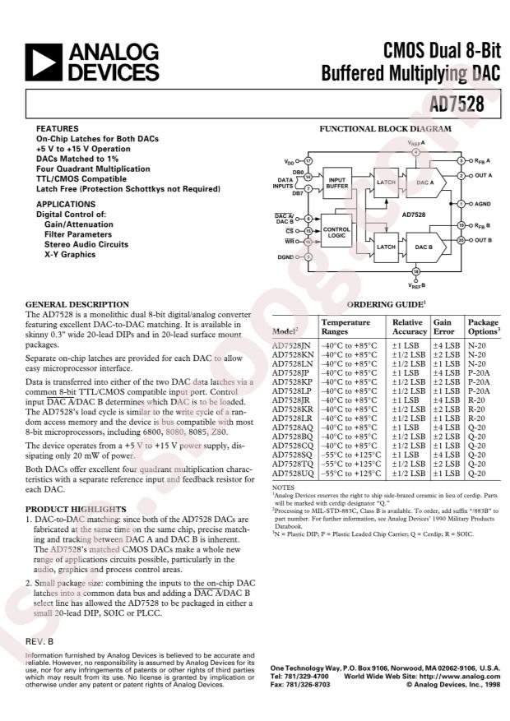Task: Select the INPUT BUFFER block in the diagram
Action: [x=337, y=183]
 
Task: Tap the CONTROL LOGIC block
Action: [x=336, y=232]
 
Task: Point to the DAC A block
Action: [x=424, y=182]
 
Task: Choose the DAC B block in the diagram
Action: [x=424, y=246]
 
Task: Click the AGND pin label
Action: [x=482, y=203]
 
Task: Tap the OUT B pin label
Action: [x=482, y=240]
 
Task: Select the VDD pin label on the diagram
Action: [x=290, y=162]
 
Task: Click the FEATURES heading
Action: [x=57, y=129]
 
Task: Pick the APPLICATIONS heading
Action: [x=65, y=204]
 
